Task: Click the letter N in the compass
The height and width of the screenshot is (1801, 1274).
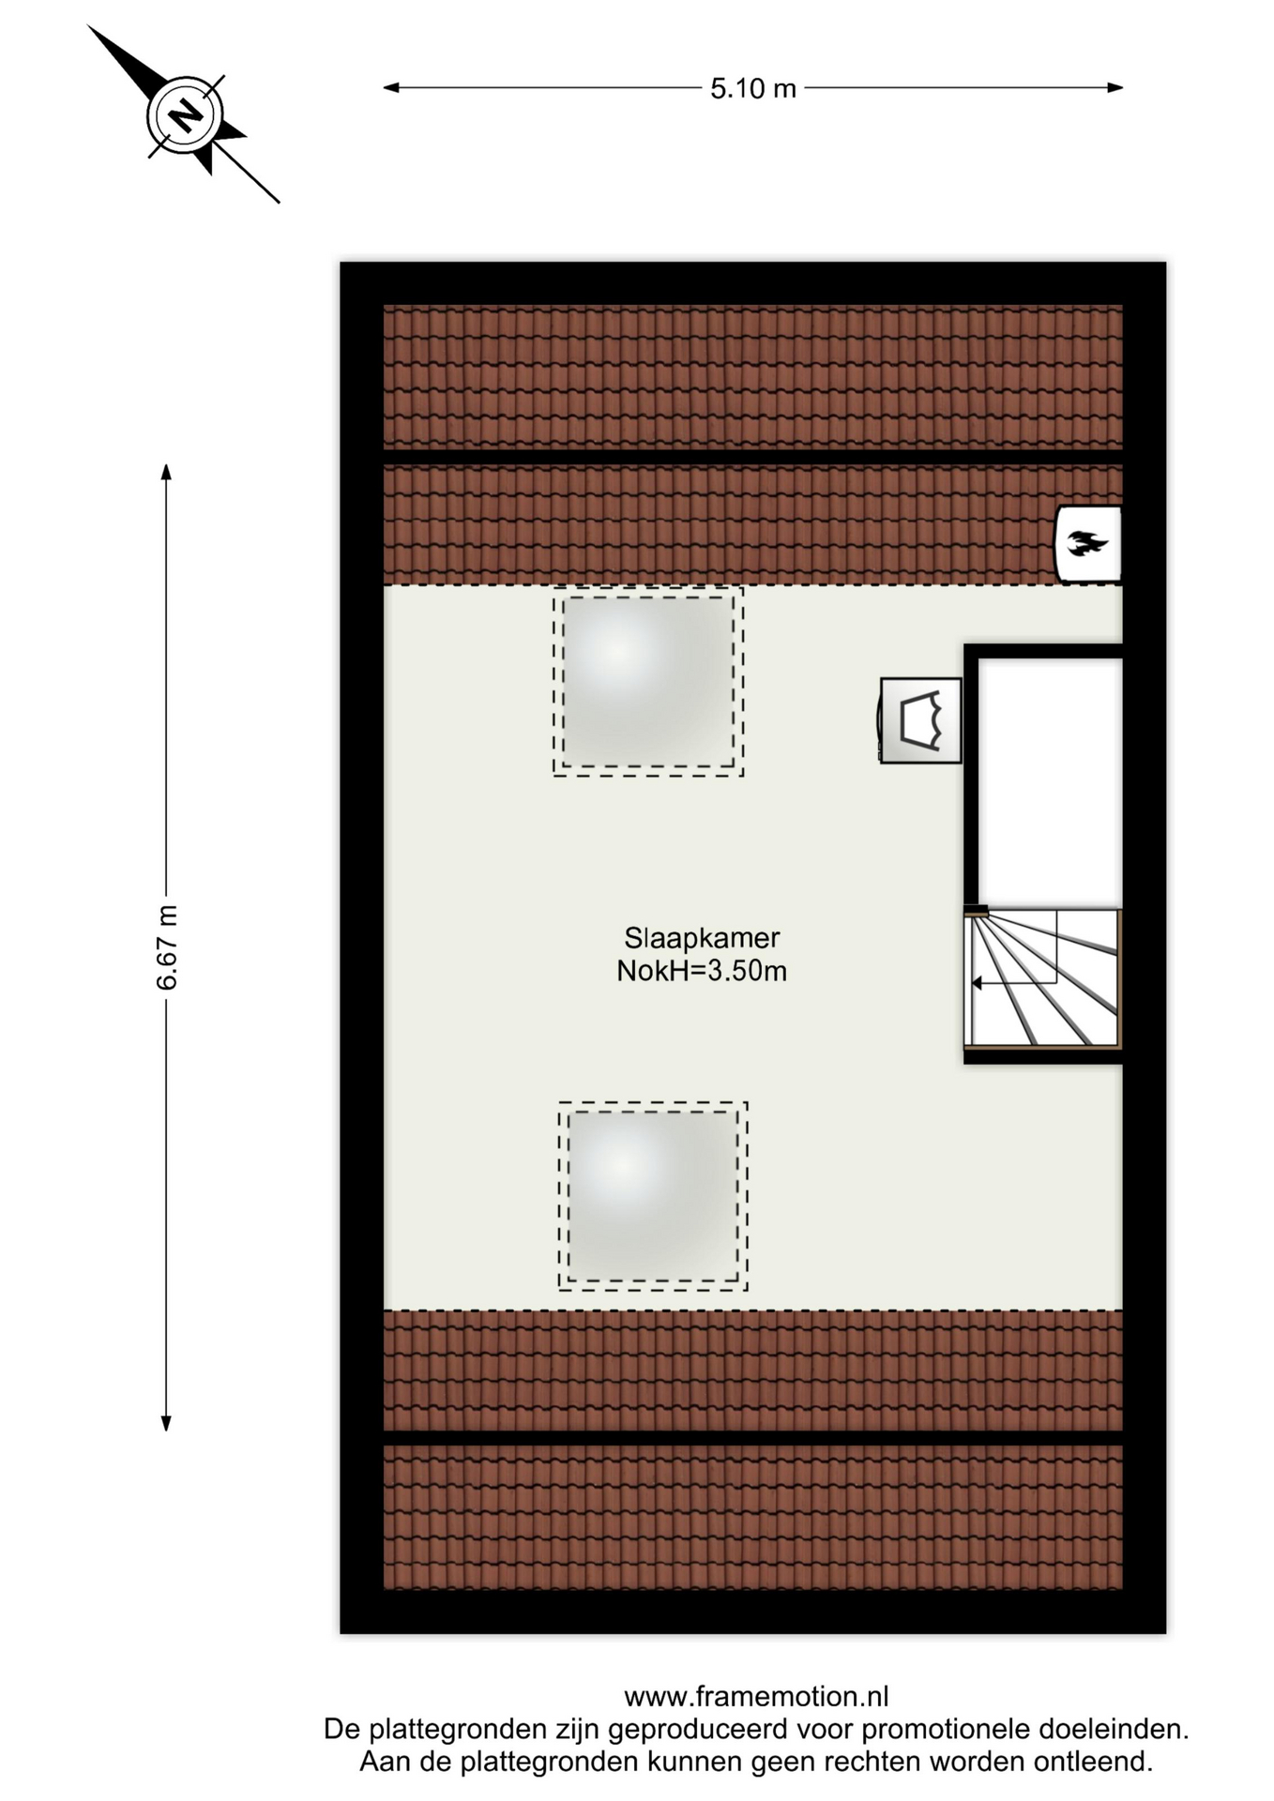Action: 186,116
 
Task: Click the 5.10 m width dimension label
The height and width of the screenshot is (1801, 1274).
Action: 752,88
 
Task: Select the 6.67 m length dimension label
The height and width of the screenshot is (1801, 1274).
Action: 166,947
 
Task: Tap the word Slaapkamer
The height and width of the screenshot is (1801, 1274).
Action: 702,938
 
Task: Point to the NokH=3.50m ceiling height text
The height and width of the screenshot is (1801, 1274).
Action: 702,971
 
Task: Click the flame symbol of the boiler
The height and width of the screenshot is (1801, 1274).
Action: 1087,543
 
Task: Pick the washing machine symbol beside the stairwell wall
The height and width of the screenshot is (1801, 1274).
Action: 920,720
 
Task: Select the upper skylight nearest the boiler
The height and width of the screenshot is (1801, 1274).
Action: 648,681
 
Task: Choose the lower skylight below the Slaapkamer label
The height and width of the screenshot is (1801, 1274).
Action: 653,1196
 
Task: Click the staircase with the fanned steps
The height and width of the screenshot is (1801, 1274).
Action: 1043,978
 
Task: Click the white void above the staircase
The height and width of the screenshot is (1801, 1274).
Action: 1050,782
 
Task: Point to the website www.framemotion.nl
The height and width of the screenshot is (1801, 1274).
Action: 756,1696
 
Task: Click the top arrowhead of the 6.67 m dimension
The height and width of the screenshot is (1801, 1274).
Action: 166,472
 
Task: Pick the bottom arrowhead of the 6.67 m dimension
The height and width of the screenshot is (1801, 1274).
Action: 166,1423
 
